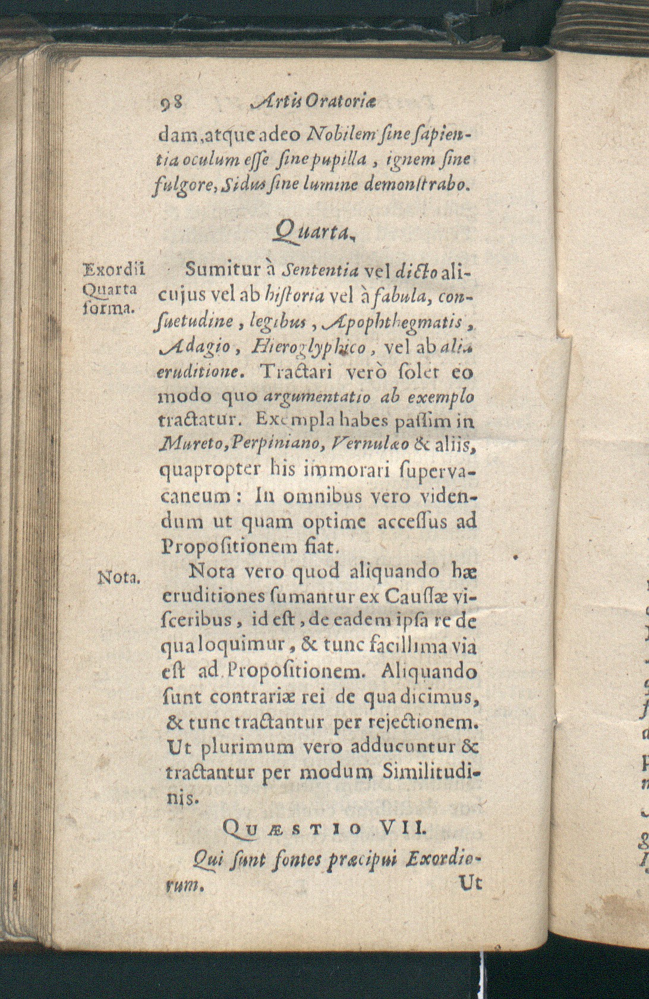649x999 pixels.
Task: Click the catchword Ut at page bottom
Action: [x=471, y=883]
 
